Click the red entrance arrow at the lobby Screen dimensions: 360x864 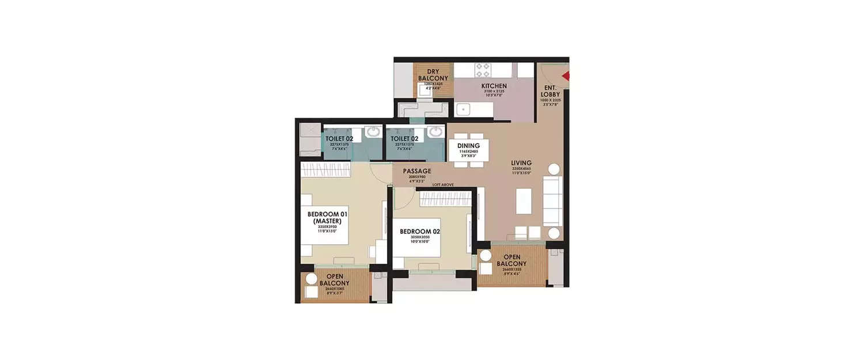click(566, 76)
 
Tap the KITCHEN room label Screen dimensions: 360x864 click(494, 86)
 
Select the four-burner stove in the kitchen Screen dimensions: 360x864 click(482, 70)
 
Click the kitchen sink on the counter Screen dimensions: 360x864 click(464, 109)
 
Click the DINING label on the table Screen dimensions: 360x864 click(468, 146)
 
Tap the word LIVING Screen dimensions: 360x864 click(521, 163)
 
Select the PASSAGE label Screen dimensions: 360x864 click(417, 171)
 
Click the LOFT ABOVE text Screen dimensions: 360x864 click(444, 184)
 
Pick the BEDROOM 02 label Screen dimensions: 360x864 click(420, 232)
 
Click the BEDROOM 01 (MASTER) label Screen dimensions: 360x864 click(327, 217)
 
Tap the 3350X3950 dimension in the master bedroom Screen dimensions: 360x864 click(327, 227)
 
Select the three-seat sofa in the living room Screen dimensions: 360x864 click(552, 201)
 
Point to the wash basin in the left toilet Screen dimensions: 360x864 click(373, 132)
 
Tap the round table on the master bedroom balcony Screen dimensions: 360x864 click(311, 279)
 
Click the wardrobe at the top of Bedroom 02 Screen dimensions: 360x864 click(446, 198)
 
